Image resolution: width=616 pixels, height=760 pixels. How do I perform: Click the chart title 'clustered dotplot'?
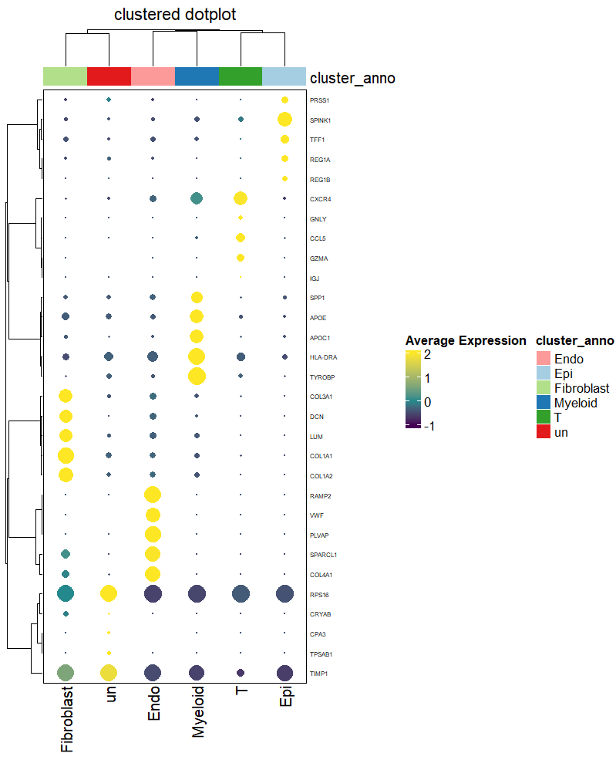coord(175,15)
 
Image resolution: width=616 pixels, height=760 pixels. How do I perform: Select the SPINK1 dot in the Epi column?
coord(284,119)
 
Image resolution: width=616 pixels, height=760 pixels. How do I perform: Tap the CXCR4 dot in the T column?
coord(241,198)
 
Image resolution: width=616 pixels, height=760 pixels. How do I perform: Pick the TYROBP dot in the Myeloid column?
coord(197,376)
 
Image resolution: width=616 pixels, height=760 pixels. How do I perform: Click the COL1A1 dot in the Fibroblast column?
coord(66,455)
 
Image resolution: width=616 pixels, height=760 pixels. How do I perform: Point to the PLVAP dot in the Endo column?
coord(153,534)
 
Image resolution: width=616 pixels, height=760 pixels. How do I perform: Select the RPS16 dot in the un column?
coord(109,593)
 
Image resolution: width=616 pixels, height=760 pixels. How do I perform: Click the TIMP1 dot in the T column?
coord(241,673)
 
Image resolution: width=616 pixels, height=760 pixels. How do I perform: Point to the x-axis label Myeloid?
coord(199,711)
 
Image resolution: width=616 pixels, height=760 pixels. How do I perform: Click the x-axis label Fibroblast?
coord(66,719)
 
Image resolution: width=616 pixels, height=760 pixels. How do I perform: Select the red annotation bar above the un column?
coord(109,76)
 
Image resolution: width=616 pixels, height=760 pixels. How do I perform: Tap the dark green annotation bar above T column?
coord(241,76)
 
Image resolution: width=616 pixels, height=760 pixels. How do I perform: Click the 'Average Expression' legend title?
coord(466,340)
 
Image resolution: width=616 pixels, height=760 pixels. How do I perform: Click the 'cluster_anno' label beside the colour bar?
coord(352,77)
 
